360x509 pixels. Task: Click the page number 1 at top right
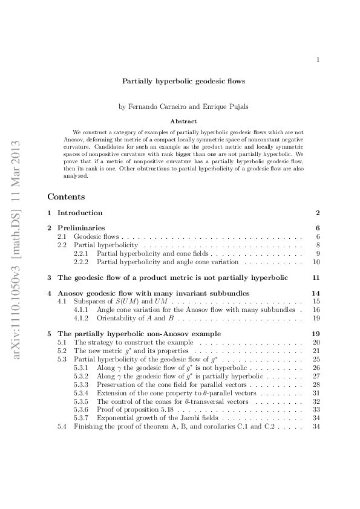point(318,59)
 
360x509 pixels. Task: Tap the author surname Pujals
point(223,107)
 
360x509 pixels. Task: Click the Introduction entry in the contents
point(79,213)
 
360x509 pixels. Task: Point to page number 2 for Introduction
point(317,213)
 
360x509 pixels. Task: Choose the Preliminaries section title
point(79,228)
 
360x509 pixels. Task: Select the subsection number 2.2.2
point(81,262)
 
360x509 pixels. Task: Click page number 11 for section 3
point(315,277)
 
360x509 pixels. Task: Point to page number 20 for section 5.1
point(315,342)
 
